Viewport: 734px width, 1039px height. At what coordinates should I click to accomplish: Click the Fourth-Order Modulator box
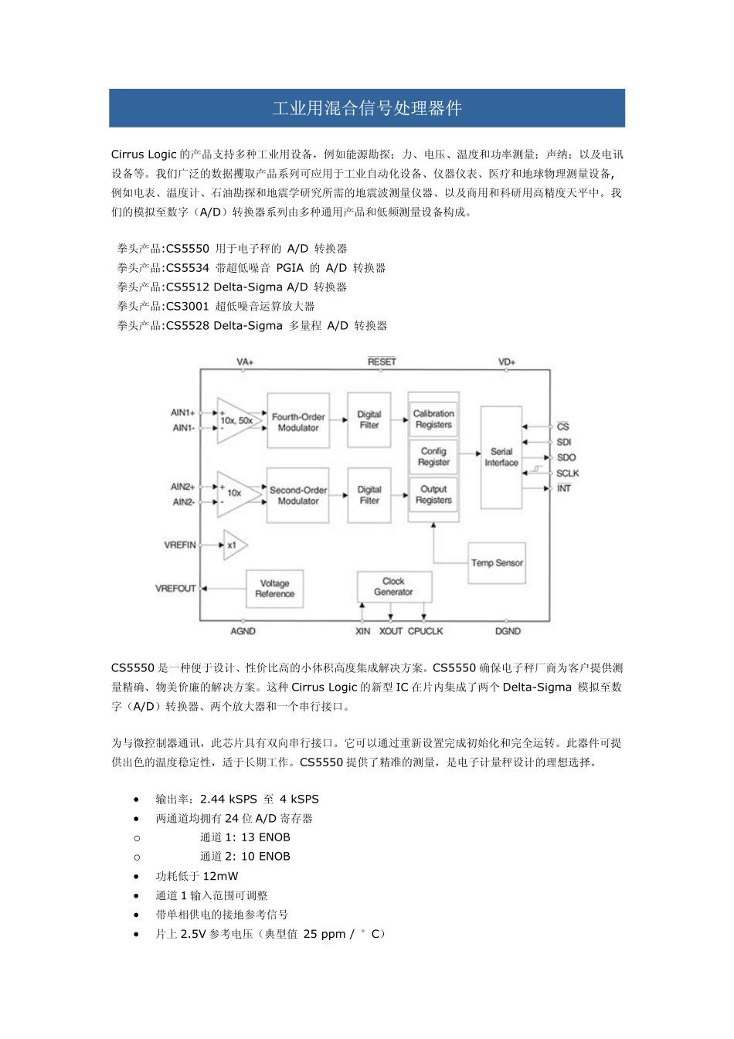click(298, 422)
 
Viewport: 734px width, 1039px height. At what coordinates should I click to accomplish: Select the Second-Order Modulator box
click(298, 495)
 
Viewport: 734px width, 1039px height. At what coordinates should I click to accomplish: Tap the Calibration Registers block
click(433, 419)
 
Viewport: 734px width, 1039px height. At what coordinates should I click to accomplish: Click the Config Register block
click(433, 457)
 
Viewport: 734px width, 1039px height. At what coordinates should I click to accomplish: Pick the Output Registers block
click(433, 494)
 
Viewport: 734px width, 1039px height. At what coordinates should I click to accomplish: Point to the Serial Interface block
click(501, 457)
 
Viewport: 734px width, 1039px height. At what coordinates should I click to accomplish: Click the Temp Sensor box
click(497, 562)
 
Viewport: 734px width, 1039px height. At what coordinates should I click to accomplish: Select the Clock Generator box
click(393, 587)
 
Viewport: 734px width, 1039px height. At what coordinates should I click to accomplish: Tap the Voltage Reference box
click(274, 589)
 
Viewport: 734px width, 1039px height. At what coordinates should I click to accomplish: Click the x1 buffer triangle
click(233, 545)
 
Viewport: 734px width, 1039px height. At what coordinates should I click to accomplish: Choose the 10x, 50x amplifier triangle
click(236, 421)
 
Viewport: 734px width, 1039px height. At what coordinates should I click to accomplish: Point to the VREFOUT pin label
click(176, 589)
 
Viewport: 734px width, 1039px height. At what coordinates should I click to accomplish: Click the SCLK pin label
click(567, 473)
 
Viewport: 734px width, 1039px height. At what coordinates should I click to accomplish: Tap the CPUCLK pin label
click(426, 631)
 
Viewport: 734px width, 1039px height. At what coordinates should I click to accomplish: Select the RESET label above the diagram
click(382, 362)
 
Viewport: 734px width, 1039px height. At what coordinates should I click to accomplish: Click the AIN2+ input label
click(183, 487)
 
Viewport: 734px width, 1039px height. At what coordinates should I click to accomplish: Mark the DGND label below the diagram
click(508, 631)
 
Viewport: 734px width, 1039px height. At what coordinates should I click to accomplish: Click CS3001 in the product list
click(188, 306)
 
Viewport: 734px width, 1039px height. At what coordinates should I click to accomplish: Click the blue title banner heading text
click(367, 108)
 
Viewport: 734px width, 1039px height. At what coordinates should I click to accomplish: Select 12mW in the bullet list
click(221, 876)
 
